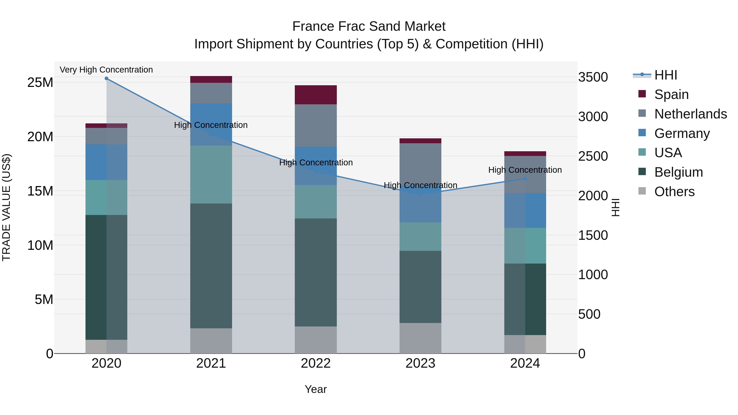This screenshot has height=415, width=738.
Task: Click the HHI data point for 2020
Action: coord(106,78)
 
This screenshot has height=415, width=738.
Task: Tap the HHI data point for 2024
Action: coord(525,179)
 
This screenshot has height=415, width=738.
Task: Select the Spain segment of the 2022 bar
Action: coord(316,95)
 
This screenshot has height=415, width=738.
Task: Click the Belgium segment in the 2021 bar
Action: coord(211,266)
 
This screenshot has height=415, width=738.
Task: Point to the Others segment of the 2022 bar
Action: coord(316,340)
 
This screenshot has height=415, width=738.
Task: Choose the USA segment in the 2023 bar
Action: coord(420,236)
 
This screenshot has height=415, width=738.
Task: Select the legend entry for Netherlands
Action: coord(690,114)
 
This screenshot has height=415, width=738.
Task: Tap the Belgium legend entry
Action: coord(678,172)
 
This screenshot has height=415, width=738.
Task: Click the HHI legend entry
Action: coord(665,75)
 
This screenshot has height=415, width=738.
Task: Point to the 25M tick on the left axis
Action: coord(40,82)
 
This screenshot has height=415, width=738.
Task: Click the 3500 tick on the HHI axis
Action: coord(593,77)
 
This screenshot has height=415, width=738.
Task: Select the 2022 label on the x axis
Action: coord(316,363)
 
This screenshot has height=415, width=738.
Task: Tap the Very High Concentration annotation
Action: coord(106,70)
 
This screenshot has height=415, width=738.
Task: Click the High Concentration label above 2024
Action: coord(525,170)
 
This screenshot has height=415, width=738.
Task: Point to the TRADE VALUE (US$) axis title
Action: coord(6,207)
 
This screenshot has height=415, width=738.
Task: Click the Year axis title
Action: coord(316,389)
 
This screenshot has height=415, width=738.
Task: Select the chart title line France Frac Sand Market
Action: coord(369,26)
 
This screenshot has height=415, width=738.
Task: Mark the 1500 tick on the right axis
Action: coord(593,235)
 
